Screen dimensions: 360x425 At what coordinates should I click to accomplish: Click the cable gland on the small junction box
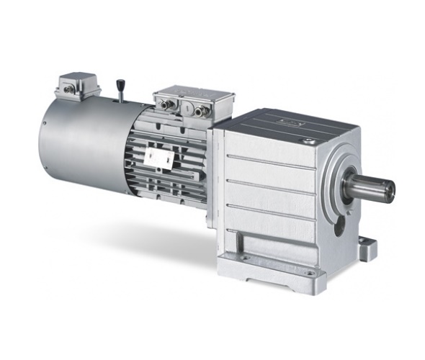(67, 90)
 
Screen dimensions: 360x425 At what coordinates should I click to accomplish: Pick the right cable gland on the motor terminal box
(199, 112)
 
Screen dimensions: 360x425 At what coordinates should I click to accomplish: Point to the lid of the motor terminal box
(193, 96)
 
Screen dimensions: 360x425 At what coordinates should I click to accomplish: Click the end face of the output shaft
(388, 189)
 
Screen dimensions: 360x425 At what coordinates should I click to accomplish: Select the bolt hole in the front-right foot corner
(310, 273)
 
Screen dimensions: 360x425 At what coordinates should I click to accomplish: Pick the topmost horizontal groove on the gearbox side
(270, 160)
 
